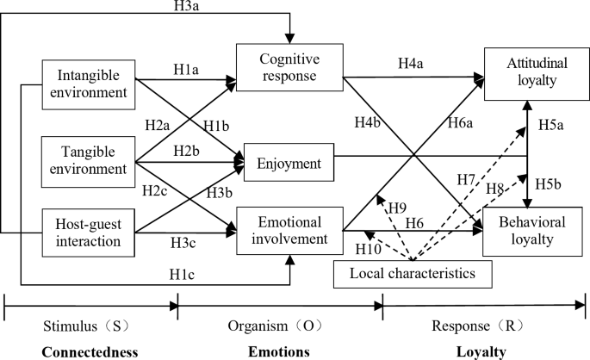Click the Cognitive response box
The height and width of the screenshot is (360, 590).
point(289,68)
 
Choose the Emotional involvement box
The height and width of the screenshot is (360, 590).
point(289,230)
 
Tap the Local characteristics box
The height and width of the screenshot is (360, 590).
point(413,273)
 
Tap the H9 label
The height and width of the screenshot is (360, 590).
point(397,208)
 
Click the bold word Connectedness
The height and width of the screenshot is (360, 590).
point(90,351)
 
